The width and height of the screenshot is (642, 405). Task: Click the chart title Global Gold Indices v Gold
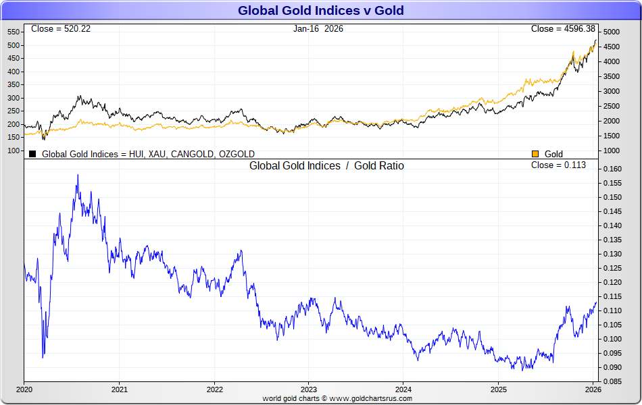coord(320,10)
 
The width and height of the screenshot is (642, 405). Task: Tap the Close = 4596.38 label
coord(563,28)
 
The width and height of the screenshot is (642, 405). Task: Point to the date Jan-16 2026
coord(318,28)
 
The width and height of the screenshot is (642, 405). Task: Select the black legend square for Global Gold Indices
coord(32,154)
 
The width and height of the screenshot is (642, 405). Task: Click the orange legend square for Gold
coord(536,154)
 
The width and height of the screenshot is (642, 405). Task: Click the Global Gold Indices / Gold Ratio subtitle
coord(326,165)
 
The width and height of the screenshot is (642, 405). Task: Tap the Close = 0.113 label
coord(558,165)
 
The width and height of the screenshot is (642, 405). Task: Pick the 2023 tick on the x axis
coord(308,389)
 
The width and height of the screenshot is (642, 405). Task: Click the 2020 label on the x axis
coord(24,389)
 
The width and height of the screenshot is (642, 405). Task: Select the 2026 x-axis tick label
coord(593,389)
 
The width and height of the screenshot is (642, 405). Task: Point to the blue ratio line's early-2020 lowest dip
coord(43,356)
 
